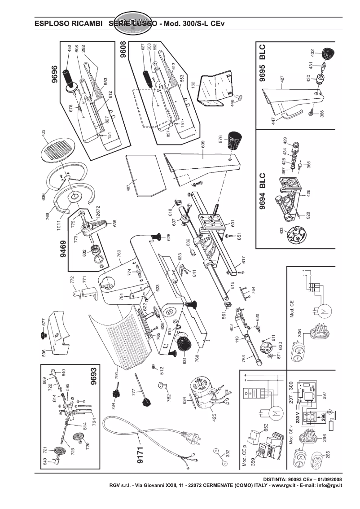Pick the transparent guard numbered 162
click(211, 90)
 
